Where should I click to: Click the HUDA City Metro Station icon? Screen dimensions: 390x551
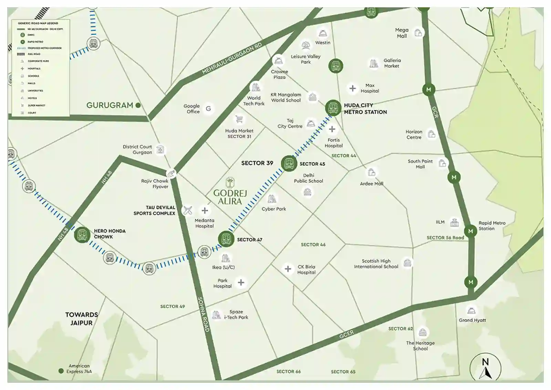coord(333,108)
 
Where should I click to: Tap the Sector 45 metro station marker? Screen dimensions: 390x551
coord(289,163)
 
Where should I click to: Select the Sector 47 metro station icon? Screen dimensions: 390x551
coord(226,239)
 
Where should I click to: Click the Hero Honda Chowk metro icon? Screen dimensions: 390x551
coord(82,235)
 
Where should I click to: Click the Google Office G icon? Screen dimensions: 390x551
coord(208,109)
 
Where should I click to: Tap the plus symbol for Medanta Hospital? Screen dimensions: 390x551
coord(205,210)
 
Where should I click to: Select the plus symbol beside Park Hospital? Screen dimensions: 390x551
coord(241,283)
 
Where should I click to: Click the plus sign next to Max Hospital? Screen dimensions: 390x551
coord(352,88)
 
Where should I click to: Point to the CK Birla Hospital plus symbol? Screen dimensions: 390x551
coord(288,269)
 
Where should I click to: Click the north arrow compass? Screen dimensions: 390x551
coord(485,368)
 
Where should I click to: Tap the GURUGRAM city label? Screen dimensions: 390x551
coord(110,105)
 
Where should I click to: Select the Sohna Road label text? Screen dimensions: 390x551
coord(203,314)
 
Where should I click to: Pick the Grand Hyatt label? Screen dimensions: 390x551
coord(472,320)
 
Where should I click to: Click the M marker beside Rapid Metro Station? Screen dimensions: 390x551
coord(470,231)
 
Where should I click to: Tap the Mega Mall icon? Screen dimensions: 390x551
coord(418,33)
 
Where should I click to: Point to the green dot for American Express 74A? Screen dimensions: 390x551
coord(61,371)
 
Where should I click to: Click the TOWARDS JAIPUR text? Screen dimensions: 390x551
coord(82,319)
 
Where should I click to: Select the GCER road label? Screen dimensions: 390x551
coord(346,334)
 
